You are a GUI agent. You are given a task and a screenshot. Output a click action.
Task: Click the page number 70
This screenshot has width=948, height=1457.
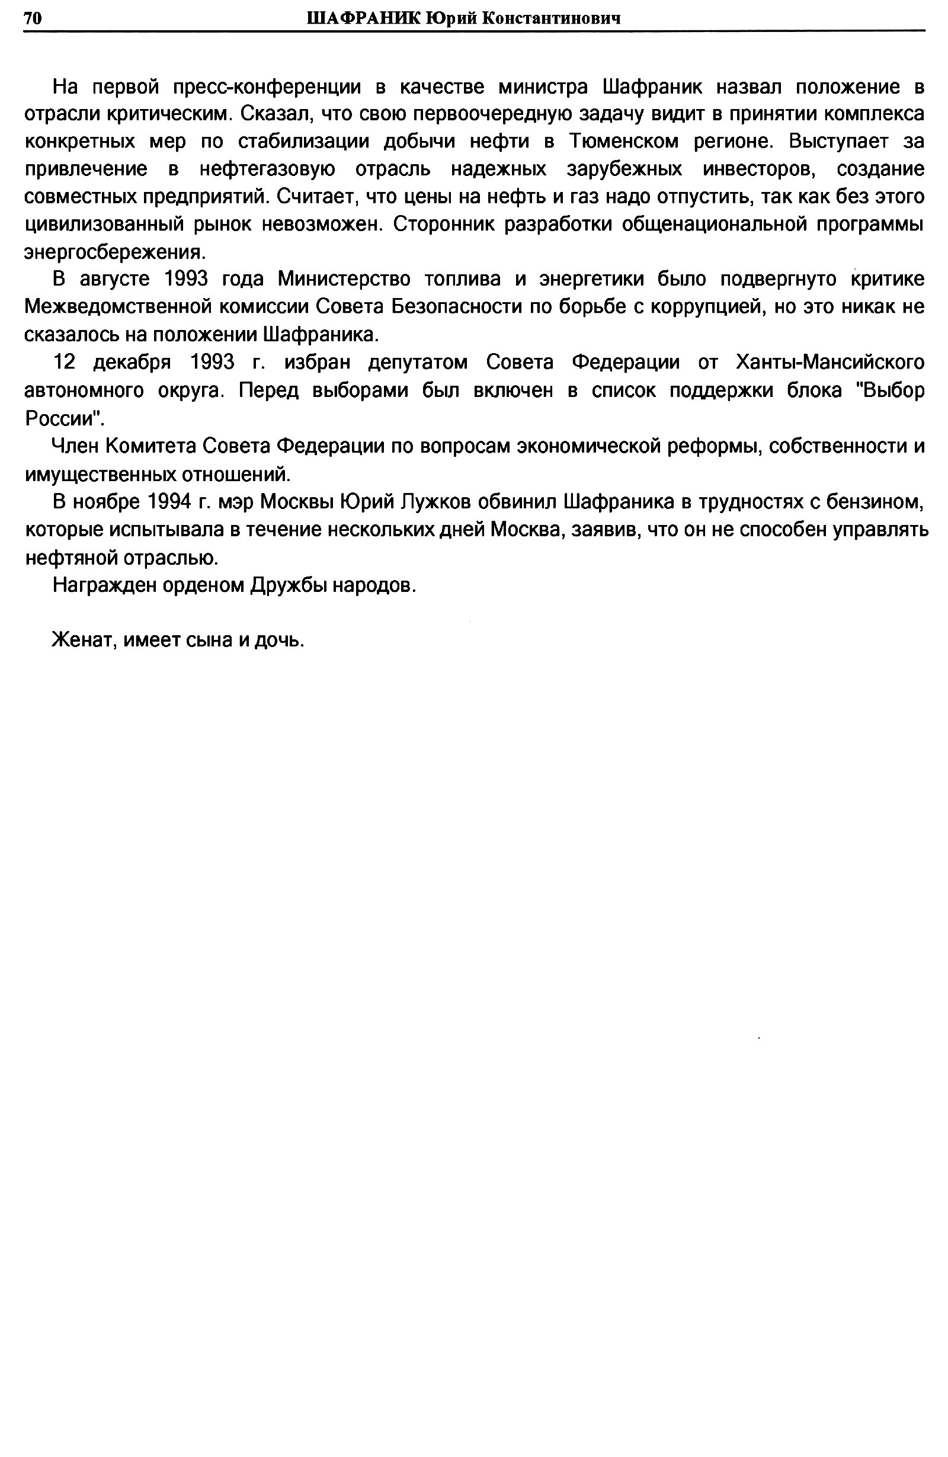33,18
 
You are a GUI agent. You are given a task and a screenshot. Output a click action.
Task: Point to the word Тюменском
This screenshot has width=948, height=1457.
624,142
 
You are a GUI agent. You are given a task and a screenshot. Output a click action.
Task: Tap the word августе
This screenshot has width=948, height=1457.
115,279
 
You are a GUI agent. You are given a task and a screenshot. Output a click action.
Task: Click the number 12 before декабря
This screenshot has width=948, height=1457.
64,363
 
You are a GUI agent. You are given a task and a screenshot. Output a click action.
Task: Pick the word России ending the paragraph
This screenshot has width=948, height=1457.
62,418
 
